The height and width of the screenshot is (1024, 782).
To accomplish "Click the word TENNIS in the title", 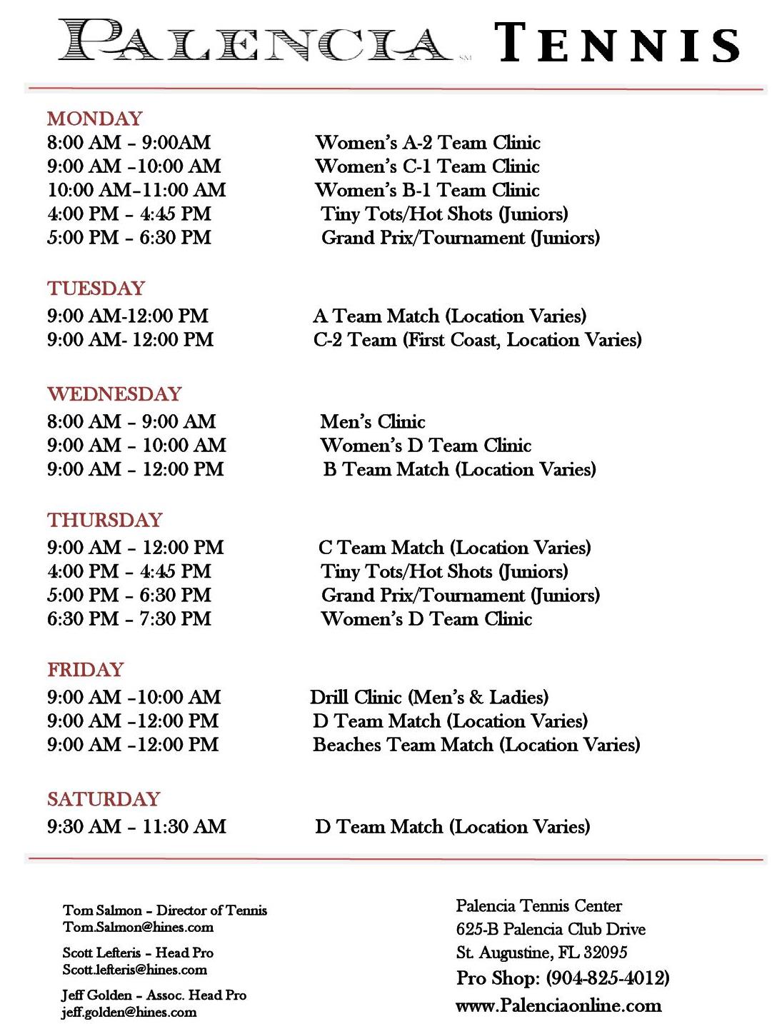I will [616, 43].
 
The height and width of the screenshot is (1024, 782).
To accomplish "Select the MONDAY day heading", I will [95, 119].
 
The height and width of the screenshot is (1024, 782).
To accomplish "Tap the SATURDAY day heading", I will [104, 799].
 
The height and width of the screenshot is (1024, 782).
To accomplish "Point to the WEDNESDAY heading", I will [114, 394].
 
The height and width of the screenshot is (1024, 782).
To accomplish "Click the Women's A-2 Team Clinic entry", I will [427, 143].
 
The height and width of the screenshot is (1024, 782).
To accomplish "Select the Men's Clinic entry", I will [372, 422].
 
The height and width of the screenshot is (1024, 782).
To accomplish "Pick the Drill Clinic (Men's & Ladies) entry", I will [428, 697].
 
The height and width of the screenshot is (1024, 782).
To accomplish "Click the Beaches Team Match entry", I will [476, 745].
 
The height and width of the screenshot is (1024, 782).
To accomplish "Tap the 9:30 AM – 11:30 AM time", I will [136, 827].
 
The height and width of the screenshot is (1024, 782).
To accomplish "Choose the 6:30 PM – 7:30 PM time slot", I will [129, 619].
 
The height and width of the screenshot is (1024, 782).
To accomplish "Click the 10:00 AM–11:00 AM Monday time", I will [136, 190].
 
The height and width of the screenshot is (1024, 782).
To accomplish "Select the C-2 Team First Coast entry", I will [477, 340].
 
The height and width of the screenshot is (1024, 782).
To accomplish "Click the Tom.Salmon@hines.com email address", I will [138, 928].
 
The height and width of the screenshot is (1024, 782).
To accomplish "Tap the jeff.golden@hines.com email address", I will [129, 1012].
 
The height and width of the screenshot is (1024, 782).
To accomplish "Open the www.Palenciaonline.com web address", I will [558, 1005].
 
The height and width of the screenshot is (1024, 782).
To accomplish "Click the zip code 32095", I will [605, 953].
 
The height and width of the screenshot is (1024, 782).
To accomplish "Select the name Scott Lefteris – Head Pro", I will [138, 953].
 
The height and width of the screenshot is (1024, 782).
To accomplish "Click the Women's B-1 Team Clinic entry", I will [427, 191].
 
